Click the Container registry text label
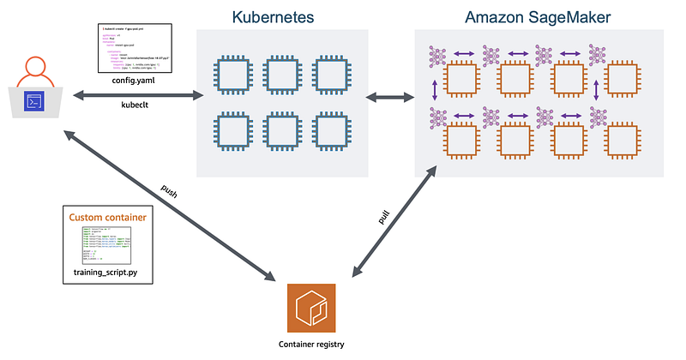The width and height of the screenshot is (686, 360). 314,345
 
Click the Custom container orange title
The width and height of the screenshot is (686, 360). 106,218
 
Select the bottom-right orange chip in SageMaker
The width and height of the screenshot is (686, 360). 623,140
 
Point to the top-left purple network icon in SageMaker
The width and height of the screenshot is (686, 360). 439,55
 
